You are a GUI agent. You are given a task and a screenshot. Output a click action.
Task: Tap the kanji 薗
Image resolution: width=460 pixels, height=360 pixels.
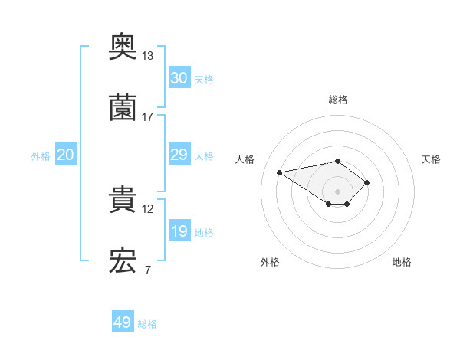(x=123, y=109)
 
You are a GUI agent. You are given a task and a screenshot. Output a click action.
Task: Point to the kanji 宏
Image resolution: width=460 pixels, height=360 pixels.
(x=123, y=261)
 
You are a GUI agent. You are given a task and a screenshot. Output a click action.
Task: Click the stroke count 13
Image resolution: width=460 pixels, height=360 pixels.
(x=147, y=56)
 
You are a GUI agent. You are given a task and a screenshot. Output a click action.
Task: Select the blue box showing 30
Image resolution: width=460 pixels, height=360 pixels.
(x=179, y=78)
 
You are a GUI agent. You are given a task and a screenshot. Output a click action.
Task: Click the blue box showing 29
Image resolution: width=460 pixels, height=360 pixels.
(x=179, y=155)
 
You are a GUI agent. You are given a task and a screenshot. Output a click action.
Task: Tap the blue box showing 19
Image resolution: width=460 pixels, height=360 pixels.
(x=179, y=231)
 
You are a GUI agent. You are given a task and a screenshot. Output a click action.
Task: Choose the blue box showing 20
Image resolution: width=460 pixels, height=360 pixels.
(x=65, y=155)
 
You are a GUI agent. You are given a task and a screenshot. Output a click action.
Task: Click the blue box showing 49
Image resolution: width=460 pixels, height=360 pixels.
(x=123, y=322)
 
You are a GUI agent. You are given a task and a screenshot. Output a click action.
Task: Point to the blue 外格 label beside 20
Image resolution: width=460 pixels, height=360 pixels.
(x=41, y=155)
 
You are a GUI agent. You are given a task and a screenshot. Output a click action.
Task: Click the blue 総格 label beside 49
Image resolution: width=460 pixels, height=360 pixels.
(x=147, y=324)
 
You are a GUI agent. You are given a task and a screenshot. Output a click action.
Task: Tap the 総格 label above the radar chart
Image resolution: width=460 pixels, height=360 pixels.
(x=337, y=100)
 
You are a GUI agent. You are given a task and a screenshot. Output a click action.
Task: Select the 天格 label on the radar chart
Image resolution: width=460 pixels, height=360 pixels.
(x=431, y=159)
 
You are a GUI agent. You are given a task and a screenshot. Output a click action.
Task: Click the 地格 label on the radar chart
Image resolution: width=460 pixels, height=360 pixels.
(x=402, y=262)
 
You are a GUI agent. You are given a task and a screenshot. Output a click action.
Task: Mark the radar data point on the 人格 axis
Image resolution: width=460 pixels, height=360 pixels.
(x=280, y=172)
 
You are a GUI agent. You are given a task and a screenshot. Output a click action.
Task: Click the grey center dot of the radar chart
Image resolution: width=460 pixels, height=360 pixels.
(x=337, y=191)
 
